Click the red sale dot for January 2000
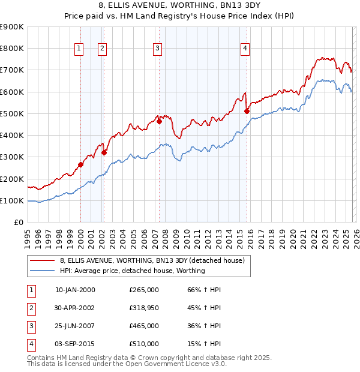click(80, 164)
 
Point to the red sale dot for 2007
click(159, 121)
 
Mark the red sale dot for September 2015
click(247, 111)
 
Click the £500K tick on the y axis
click(12, 113)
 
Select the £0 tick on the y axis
click(19, 222)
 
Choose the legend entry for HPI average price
click(132, 271)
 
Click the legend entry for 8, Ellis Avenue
click(152, 261)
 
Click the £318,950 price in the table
click(144, 307)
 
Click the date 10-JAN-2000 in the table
click(74, 289)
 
